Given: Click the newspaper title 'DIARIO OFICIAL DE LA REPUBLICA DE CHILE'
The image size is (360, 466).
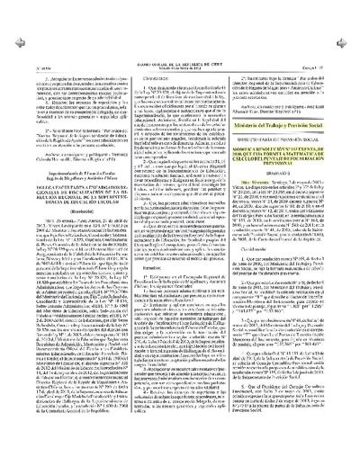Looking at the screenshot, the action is (x=180, y=4).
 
